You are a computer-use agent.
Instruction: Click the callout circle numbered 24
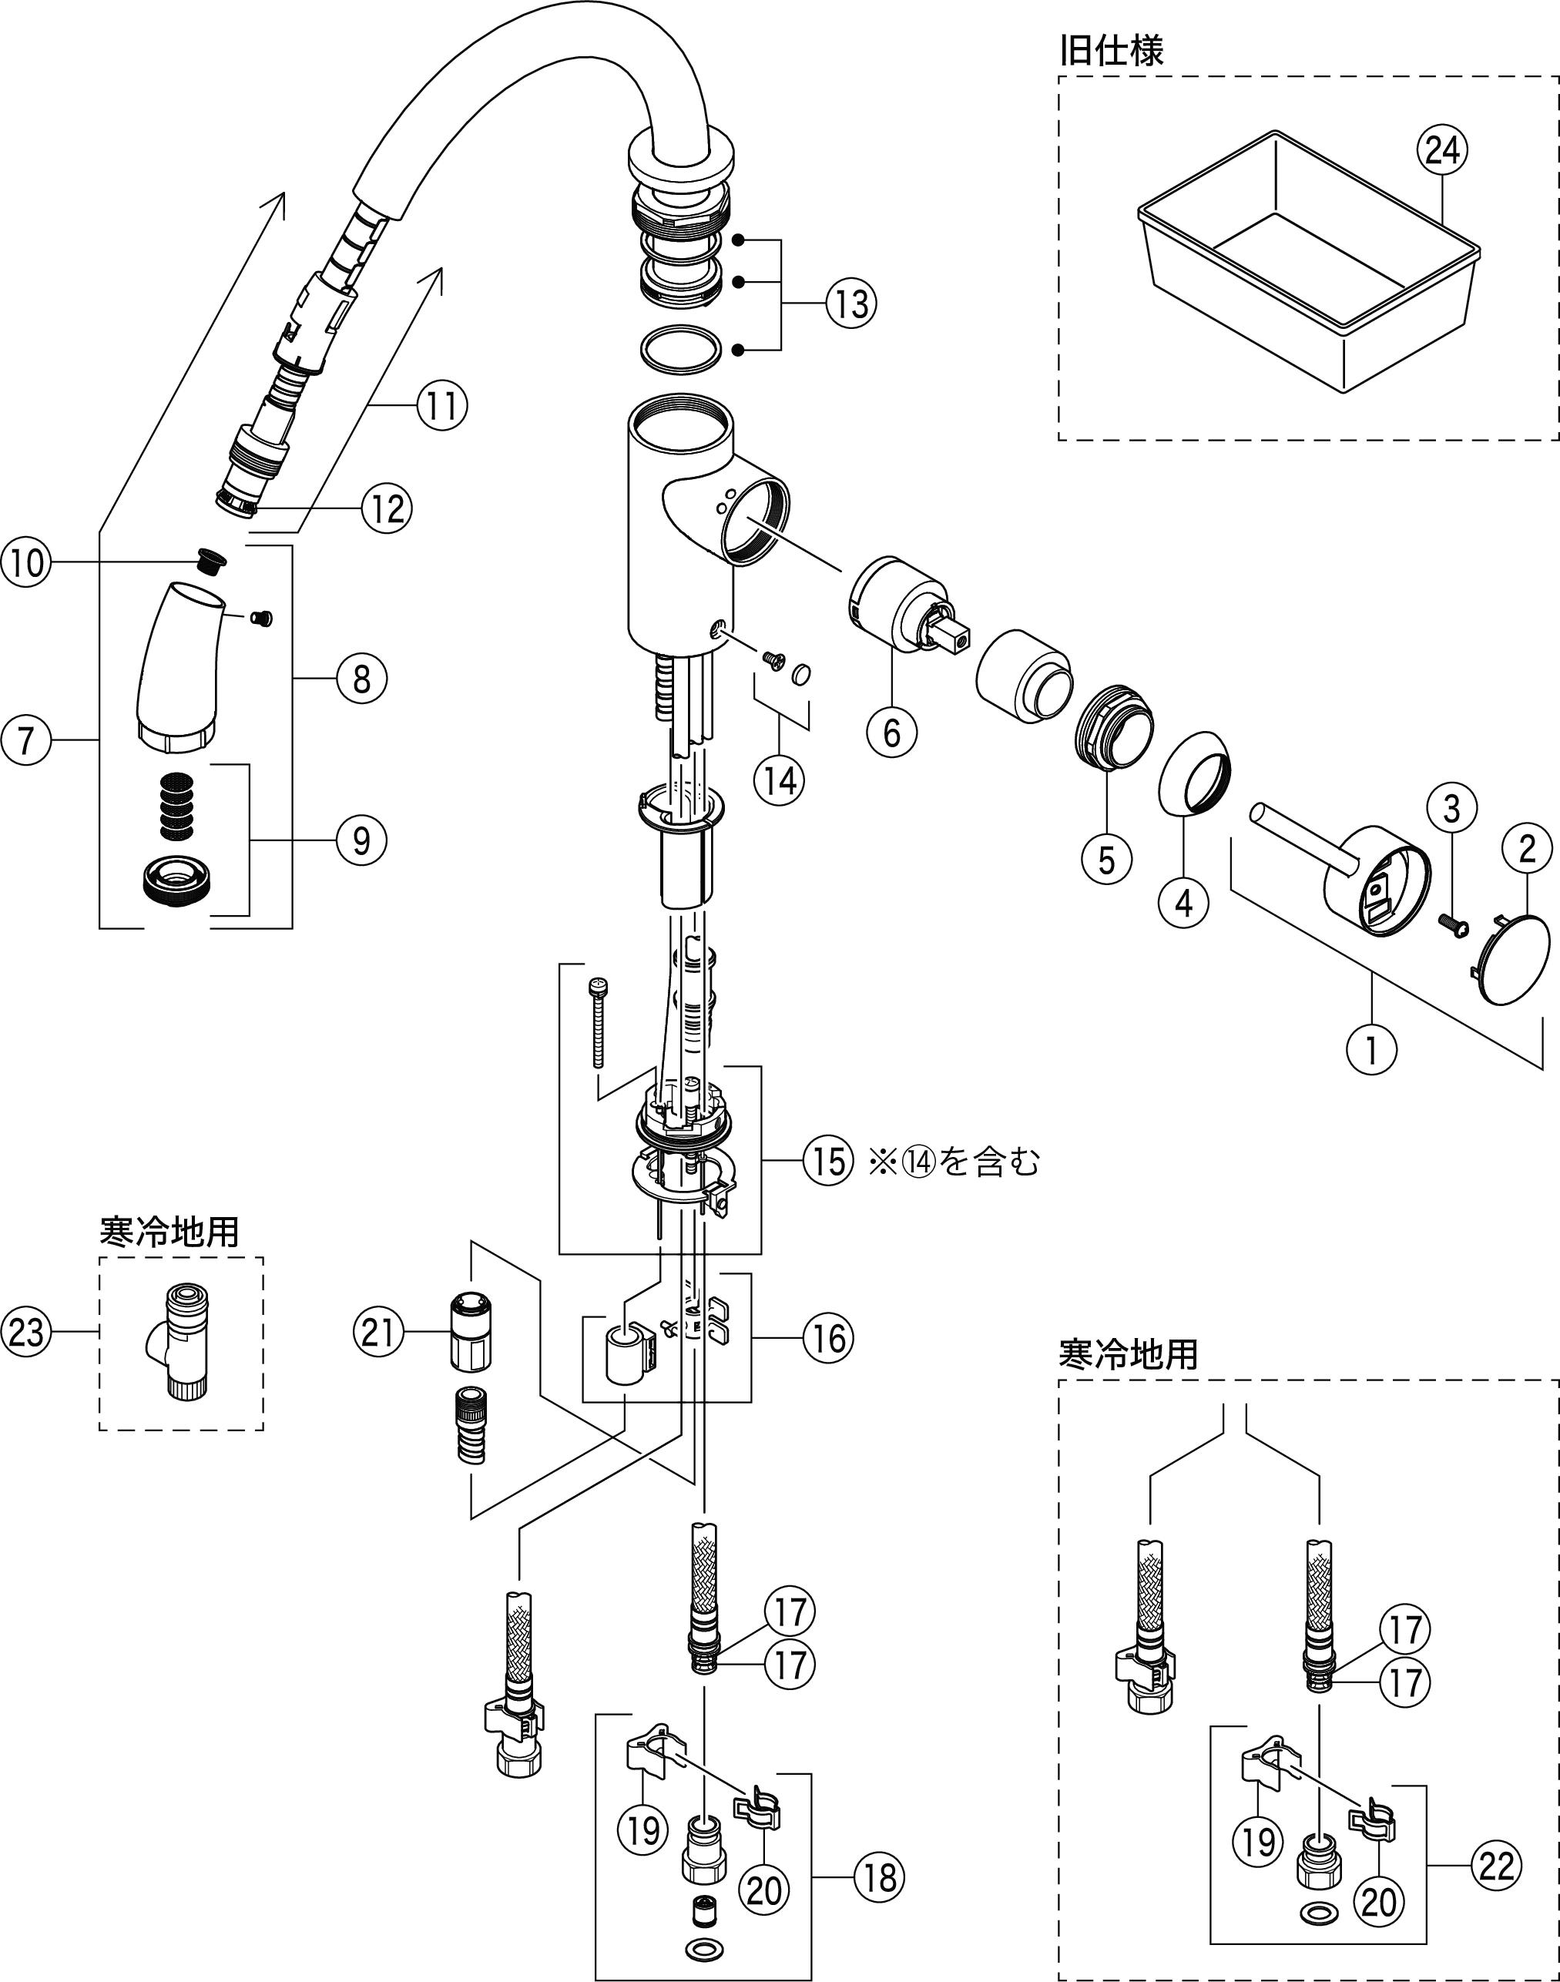1441,149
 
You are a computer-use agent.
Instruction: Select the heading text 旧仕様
1111,50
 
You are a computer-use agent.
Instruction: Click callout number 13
851,304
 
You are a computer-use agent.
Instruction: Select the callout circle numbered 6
891,732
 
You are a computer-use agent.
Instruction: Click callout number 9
361,840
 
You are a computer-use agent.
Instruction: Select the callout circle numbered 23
25,1332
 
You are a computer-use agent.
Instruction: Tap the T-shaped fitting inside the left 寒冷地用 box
180,1340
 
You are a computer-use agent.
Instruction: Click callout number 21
378,1333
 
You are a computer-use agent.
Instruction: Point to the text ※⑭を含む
954,1162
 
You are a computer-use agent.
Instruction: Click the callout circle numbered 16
828,1338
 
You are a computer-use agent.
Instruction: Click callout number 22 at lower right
1496,1865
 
